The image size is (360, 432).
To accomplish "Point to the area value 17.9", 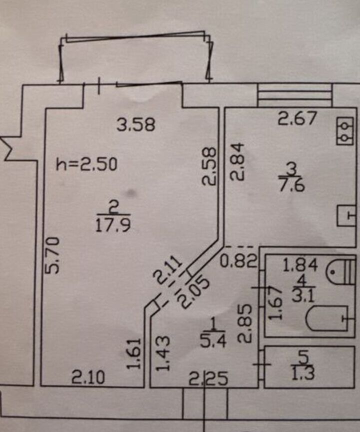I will (112, 225).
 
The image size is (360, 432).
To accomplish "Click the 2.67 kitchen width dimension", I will (297, 119).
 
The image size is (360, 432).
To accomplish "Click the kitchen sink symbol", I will (346, 216).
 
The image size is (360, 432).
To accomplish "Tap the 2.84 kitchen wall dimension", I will (238, 161).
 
